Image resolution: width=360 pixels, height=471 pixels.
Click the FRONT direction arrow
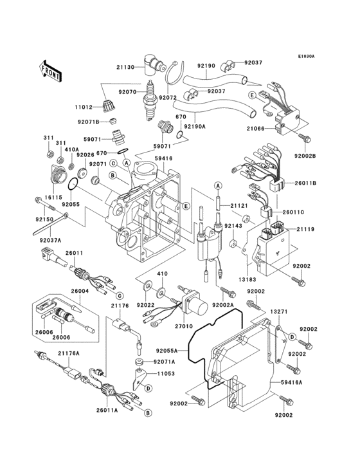tap(51, 70)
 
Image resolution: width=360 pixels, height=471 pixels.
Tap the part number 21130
tap(127, 68)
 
